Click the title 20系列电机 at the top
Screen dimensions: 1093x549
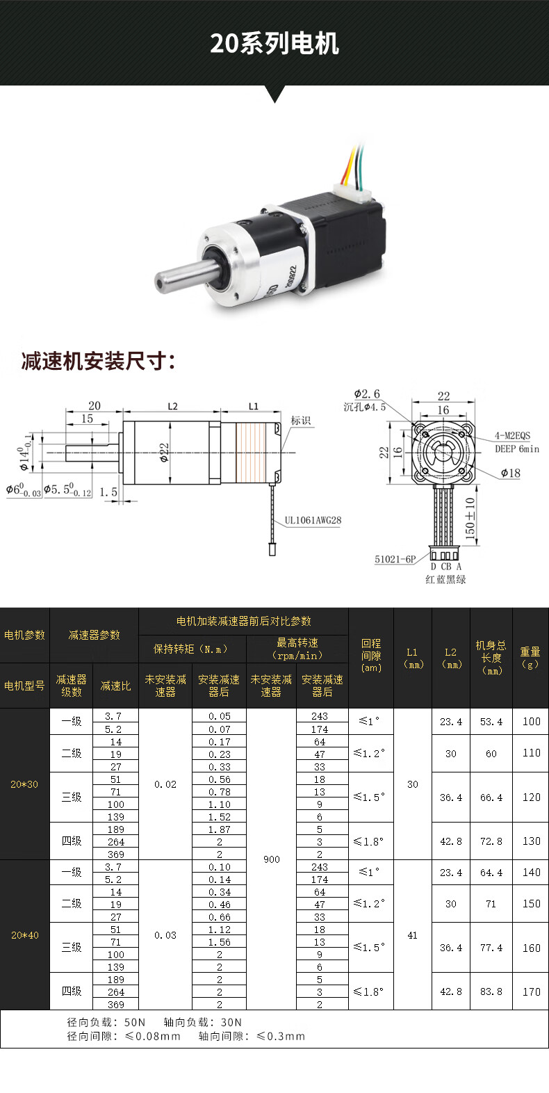[274, 43]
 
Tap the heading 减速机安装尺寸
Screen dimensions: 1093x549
[98, 362]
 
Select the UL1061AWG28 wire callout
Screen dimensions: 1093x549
[313, 520]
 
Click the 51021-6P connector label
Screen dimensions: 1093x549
[395, 559]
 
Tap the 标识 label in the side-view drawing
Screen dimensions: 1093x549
[301, 421]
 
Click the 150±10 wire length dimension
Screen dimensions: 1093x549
[470, 519]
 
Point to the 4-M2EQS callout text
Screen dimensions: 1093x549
[512, 436]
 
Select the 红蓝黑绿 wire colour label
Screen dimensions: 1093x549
[445, 579]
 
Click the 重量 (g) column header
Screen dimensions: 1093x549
[530, 658]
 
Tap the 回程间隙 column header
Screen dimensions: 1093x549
[371, 655]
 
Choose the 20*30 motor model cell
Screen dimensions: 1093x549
[24, 784]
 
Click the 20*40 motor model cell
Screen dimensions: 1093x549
[24, 935]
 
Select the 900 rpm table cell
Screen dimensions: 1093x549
[271, 859]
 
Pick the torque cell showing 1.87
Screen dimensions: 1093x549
[219, 829]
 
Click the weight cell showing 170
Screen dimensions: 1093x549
[531, 991]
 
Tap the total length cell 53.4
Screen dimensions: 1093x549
[491, 722]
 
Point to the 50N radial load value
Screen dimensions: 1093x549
[135, 1022]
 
